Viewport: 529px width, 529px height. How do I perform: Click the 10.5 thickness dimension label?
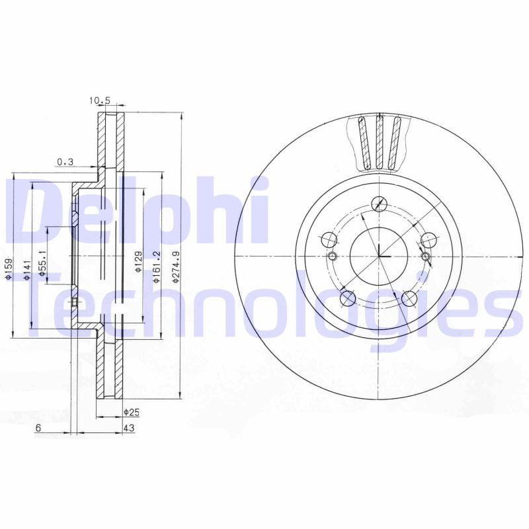99,101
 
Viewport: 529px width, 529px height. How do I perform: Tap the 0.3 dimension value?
65,161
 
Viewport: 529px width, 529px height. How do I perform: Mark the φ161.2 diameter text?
156,266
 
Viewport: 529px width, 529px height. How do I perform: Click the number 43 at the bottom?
129,428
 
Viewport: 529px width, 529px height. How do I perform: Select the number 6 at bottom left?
38,428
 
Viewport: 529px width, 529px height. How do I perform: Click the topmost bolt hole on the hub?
380,204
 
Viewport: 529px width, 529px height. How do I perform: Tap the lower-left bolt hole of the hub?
347,298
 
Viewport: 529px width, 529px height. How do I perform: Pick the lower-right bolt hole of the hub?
410,299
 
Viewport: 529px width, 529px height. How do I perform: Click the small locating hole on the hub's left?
333,257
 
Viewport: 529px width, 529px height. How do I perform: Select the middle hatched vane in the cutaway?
379,142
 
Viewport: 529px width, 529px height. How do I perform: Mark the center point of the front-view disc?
380,257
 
